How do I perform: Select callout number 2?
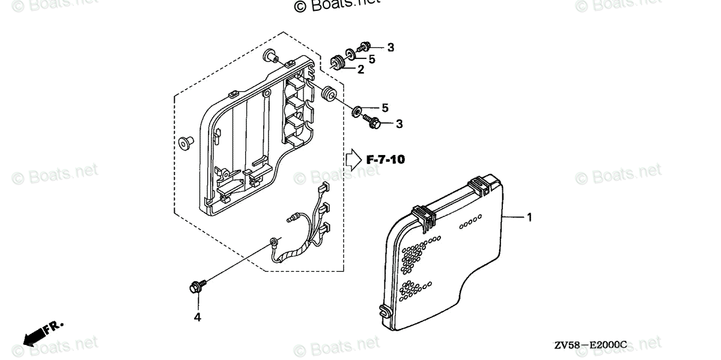360,70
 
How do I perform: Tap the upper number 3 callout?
390,47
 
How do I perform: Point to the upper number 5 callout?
371,59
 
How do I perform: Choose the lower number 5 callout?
385,108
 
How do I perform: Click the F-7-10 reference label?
386,160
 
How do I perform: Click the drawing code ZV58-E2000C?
591,345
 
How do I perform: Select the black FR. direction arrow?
36,334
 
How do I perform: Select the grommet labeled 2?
337,63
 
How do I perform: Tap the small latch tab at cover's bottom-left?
383,311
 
